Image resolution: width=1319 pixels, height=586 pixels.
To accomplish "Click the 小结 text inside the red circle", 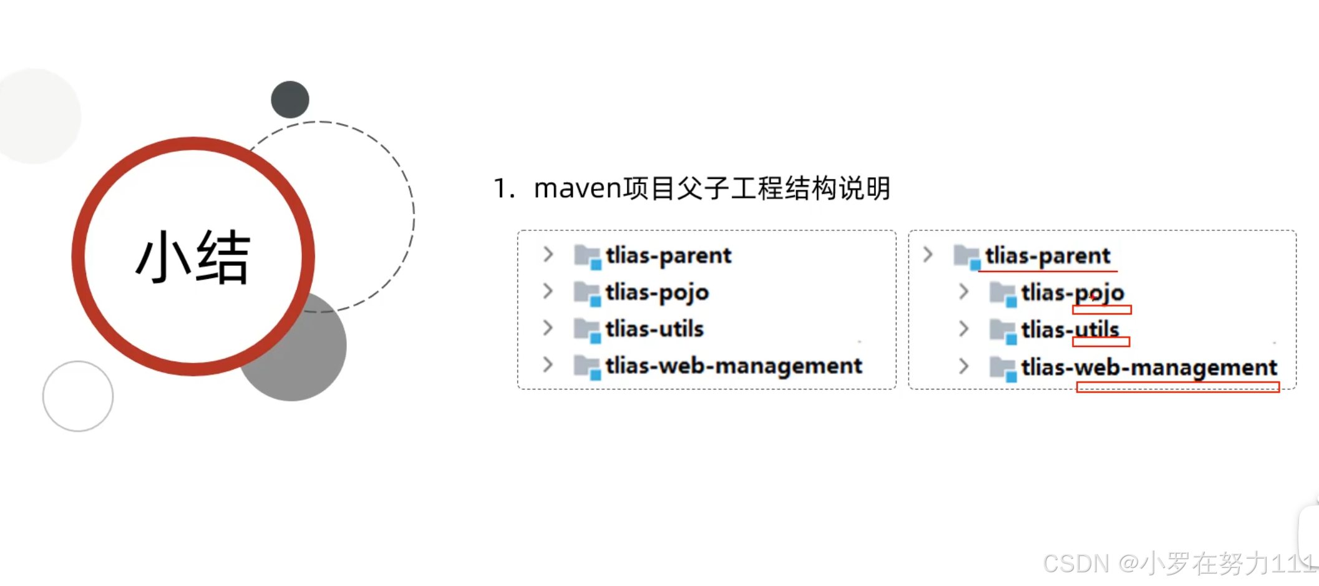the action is pyautogui.click(x=193, y=257).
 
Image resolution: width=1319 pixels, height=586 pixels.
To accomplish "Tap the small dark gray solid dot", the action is pyautogui.click(x=290, y=100).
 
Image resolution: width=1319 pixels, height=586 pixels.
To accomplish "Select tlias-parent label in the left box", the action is pyautogui.click(x=668, y=255).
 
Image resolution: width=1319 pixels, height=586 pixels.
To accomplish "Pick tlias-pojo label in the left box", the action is pyautogui.click(x=657, y=292).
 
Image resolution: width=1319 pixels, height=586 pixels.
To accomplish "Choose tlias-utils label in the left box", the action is pyautogui.click(x=655, y=329).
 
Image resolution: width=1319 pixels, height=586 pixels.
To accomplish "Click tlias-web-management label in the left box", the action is pyautogui.click(x=734, y=366).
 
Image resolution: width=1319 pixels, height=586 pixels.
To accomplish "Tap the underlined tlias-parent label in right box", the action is pyautogui.click(x=1048, y=256).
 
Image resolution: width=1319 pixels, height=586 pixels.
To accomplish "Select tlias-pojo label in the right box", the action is pyautogui.click(x=1073, y=292).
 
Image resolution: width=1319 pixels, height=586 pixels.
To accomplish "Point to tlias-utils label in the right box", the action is pyautogui.click(x=1070, y=329).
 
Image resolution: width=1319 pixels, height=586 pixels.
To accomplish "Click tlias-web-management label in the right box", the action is pyautogui.click(x=1149, y=368).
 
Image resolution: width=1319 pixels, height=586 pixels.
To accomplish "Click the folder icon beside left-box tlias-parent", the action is pyautogui.click(x=587, y=256).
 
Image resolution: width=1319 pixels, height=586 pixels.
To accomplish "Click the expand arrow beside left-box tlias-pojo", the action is pyautogui.click(x=548, y=291).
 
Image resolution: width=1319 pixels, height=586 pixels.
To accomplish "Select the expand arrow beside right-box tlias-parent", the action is pyautogui.click(x=928, y=254).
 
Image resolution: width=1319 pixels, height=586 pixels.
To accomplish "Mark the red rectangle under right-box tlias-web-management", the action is pyautogui.click(x=1178, y=388).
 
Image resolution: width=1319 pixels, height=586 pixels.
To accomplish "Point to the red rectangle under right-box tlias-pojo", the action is pyautogui.click(x=1102, y=310).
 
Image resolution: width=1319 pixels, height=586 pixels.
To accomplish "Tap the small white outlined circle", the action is pyautogui.click(x=78, y=396).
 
